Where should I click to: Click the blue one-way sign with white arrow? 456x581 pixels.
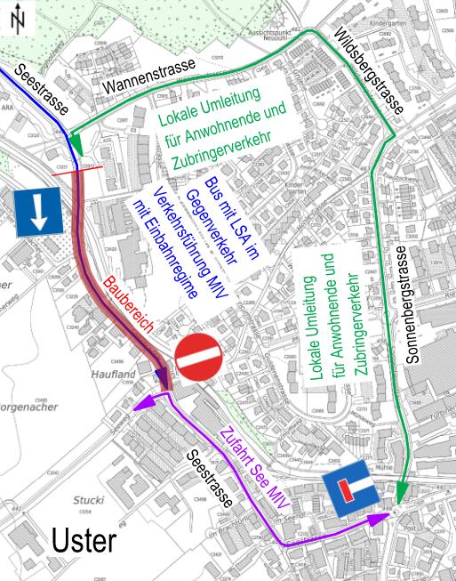click(x=38, y=212)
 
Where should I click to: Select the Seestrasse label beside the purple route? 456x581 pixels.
click(x=211, y=480)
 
